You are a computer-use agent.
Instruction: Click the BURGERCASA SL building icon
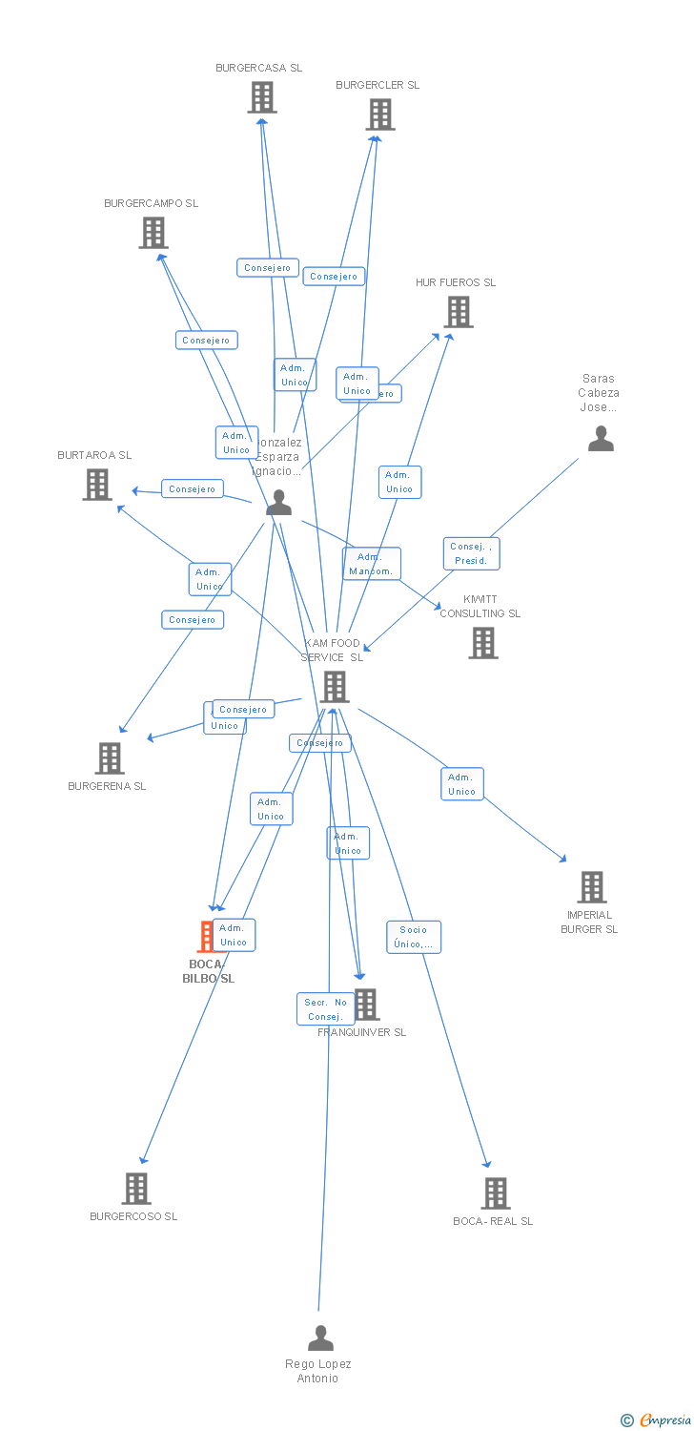click(262, 97)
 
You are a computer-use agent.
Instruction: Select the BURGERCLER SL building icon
click(379, 114)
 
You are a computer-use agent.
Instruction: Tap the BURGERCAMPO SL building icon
click(153, 233)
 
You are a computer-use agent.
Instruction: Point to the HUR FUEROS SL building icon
click(459, 312)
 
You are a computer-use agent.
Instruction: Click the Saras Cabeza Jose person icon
click(601, 439)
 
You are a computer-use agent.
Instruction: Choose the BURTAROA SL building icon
click(97, 485)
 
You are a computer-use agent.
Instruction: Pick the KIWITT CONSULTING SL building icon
click(483, 643)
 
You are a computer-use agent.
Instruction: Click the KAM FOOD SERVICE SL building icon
click(335, 687)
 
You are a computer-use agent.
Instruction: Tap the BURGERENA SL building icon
click(110, 758)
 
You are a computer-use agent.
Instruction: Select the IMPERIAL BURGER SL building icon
click(592, 887)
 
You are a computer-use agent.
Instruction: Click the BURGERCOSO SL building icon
click(136, 1189)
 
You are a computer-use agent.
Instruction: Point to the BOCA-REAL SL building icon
click(496, 1193)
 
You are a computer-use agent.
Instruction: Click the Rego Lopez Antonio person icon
click(321, 1338)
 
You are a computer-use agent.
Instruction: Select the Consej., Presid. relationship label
click(471, 553)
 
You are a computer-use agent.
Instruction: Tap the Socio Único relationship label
click(414, 937)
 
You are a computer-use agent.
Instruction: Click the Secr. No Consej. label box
click(325, 1008)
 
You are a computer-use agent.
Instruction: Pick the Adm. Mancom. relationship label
click(372, 564)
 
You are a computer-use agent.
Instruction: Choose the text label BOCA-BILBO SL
click(208, 971)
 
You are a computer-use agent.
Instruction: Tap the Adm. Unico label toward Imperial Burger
click(462, 784)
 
